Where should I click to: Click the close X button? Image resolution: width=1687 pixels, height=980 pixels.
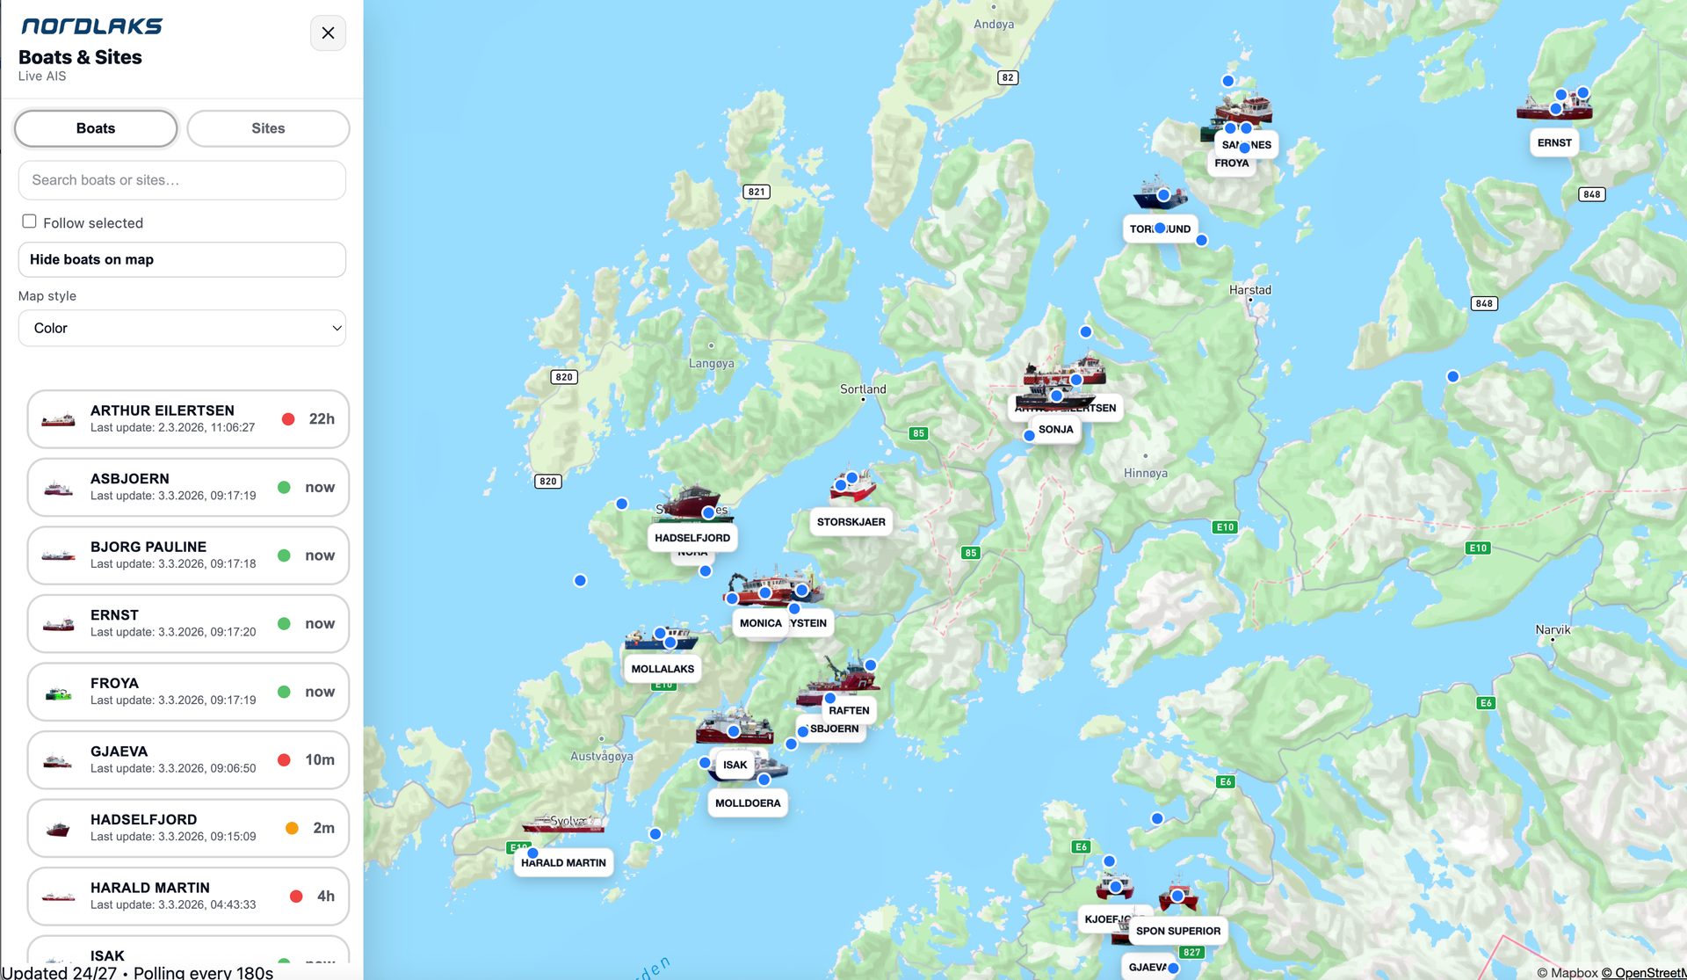pos(328,33)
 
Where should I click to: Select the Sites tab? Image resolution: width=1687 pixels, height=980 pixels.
pos(268,128)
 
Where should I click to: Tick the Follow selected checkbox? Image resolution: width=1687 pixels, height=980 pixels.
pos(29,221)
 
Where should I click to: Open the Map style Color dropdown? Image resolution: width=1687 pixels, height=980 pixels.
pos(182,328)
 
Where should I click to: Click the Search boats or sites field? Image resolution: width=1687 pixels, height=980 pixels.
pos(182,180)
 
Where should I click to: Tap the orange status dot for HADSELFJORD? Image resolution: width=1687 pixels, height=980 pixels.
pos(292,828)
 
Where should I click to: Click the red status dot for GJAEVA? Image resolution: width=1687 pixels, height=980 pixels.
pos(284,760)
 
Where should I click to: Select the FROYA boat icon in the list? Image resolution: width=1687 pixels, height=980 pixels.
pos(58,693)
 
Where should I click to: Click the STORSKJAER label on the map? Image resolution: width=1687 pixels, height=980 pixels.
pos(851,522)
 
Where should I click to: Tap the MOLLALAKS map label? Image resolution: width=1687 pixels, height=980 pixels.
pos(662,669)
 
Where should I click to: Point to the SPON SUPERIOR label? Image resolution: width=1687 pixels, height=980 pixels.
pos(1177,931)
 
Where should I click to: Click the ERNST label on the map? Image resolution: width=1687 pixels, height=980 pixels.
pos(1553,143)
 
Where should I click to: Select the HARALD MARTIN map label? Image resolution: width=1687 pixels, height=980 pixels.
pos(563,863)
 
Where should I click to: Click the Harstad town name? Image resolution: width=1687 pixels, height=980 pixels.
pos(1249,290)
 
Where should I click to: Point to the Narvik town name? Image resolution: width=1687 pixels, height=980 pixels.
pos(1553,629)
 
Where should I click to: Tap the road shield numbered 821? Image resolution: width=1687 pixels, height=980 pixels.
pos(757,192)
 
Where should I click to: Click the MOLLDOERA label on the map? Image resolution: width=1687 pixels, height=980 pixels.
pos(748,803)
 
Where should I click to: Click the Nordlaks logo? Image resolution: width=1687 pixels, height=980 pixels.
pos(91,26)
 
